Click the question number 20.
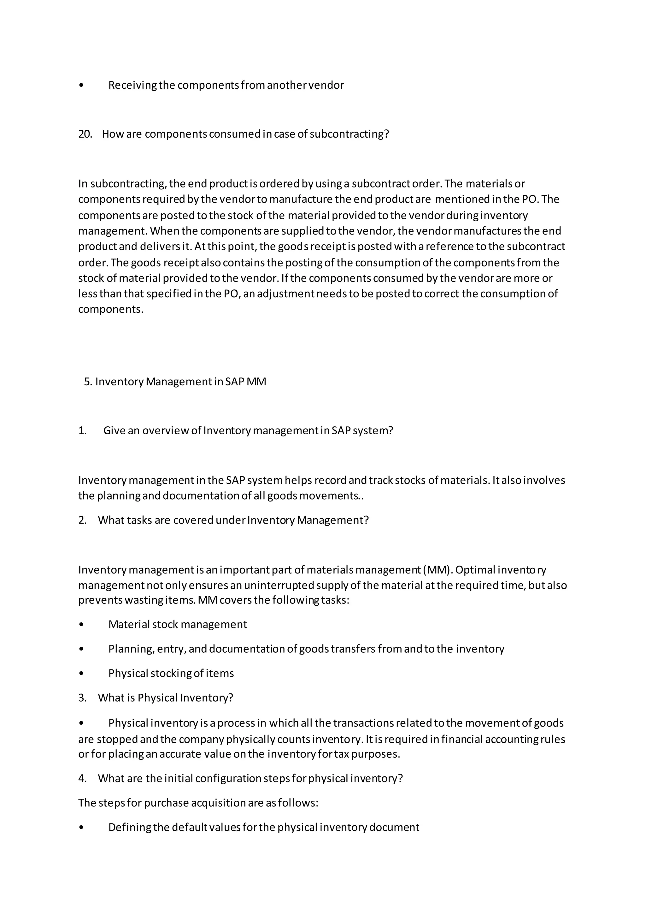[85, 134]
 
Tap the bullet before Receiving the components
[82, 86]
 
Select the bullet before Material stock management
[82, 625]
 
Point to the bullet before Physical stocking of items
[82, 674]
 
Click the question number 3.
[82, 698]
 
